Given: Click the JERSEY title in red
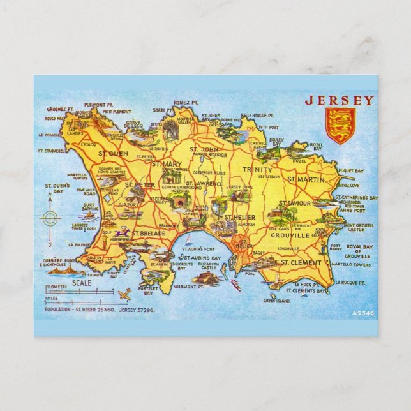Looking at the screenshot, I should pyautogui.click(x=339, y=100).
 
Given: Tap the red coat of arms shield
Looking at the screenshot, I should pyautogui.click(x=340, y=125).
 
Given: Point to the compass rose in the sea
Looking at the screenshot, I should pyautogui.click(x=50, y=218).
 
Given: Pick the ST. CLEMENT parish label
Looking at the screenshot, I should pyautogui.click(x=303, y=262).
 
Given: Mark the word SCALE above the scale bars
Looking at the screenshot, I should pyautogui.click(x=81, y=282).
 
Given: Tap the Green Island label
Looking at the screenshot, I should pyautogui.click(x=276, y=300).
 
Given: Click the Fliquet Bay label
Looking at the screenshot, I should pyautogui.click(x=350, y=171).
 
